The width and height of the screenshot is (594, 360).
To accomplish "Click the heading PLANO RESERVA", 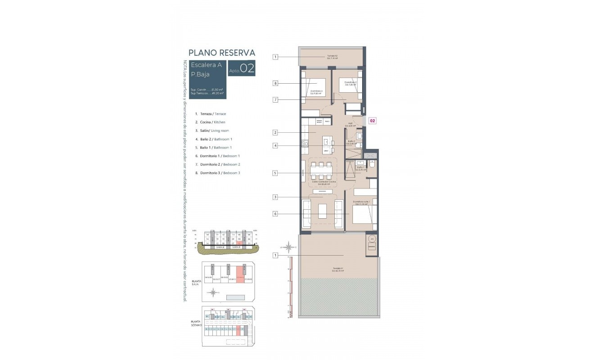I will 222,53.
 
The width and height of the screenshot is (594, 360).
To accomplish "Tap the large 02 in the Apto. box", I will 247,69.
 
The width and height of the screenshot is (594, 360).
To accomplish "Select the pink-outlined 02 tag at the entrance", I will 373,121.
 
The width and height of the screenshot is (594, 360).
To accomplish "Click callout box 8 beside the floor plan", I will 275,83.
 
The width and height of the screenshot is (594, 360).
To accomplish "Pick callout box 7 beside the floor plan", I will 275,99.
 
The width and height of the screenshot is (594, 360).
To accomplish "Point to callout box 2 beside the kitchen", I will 275,133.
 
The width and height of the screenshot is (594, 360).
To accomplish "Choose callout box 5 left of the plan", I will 275,173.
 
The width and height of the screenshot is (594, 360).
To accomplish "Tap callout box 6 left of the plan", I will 275,214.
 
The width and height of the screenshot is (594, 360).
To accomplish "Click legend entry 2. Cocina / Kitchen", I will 210,122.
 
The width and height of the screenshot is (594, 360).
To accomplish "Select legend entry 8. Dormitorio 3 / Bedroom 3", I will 218,173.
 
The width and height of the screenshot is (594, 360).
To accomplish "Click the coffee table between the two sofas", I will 323,211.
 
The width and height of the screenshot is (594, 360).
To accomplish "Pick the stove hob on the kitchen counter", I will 305,144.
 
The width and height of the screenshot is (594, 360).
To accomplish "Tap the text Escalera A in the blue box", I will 206,65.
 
